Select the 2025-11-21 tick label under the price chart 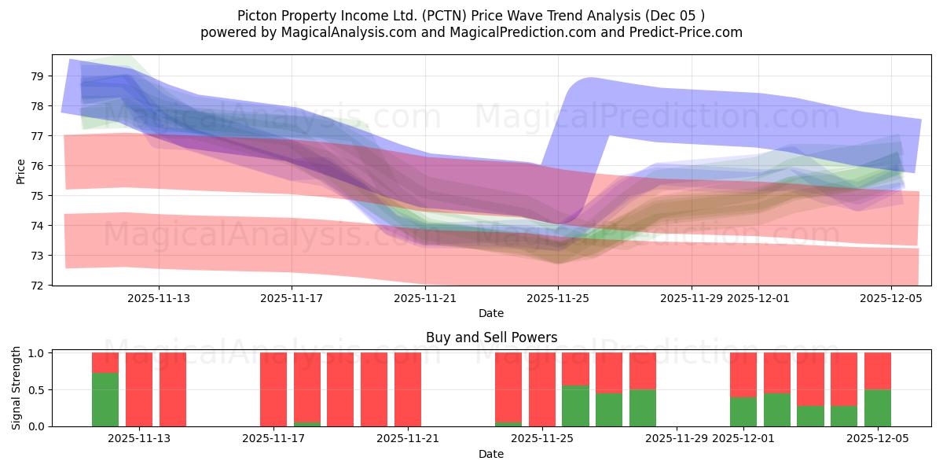pos(425,298)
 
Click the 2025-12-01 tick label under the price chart pos(758,298)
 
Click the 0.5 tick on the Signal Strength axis pos(37,390)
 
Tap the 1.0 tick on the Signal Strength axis pos(37,353)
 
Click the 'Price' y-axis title pos(21,171)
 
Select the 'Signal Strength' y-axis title pos(17,389)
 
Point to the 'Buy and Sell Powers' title pos(491,337)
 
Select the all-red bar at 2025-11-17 pos(273,389)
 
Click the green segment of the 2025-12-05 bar pos(878,407)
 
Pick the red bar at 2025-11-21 pos(408,389)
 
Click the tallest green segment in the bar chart pos(105,400)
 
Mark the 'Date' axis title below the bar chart pos(491,454)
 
